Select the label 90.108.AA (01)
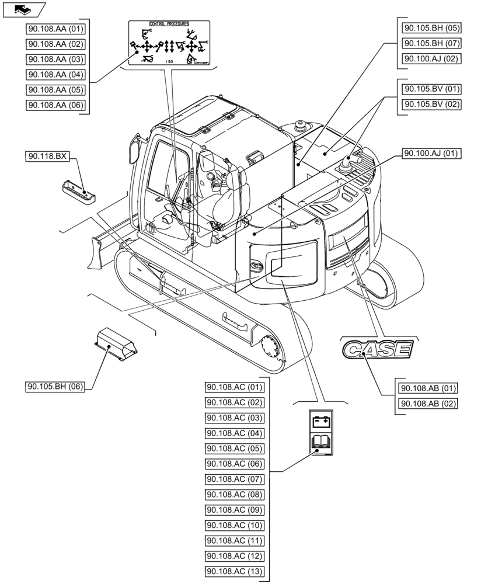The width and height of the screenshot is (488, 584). pyautogui.click(x=56, y=29)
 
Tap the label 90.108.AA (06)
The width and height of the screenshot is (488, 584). pyautogui.click(x=56, y=105)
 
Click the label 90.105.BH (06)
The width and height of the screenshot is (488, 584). pyautogui.click(x=56, y=387)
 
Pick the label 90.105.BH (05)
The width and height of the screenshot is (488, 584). pyautogui.click(x=431, y=27)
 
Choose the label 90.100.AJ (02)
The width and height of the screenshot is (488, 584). pyautogui.click(x=431, y=58)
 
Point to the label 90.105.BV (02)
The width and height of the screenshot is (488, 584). pyautogui.click(x=431, y=105)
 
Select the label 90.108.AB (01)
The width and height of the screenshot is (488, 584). pyautogui.click(x=428, y=388)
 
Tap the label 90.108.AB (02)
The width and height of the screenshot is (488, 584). pyautogui.click(x=428, y=404)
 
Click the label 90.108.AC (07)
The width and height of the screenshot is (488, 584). pyautogui.click(x=235, y=479)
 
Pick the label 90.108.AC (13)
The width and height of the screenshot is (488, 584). pyautogui.click(x=235, y=571)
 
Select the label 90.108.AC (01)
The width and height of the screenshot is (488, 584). pyautogui.click(x=235, y=387)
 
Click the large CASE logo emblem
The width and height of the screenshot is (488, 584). pyautogui.click(x=378, y=349)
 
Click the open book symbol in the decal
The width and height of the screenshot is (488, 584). pyautogui.click(x=320, y=442)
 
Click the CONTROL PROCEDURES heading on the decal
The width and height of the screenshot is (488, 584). pyautogui.click(x=169, y=24)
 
